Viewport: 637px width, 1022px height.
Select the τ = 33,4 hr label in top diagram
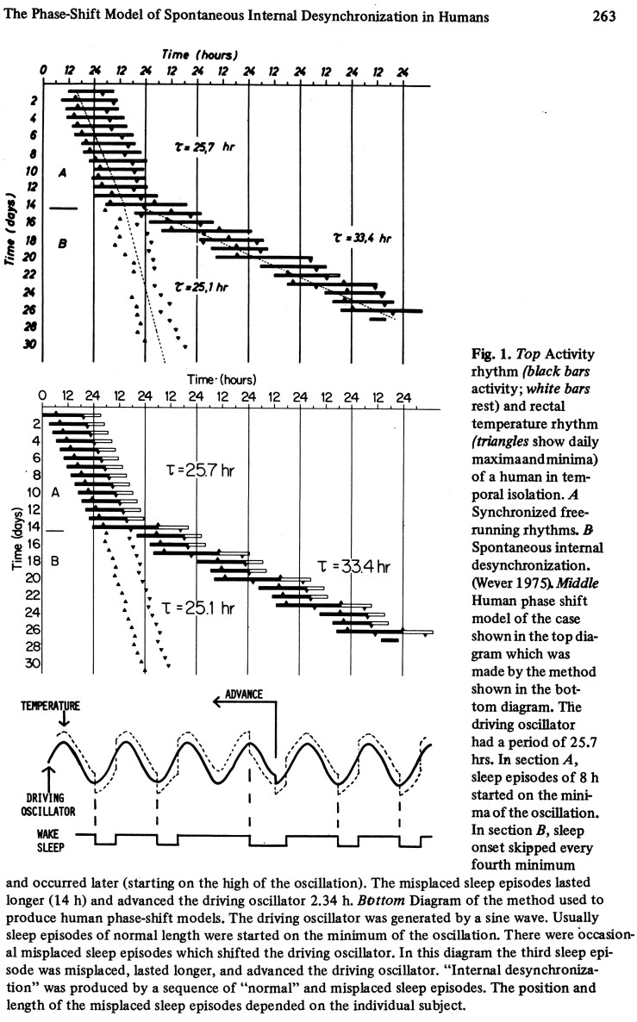[x=362, y=236]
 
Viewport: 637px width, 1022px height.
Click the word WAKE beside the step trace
[x=46, y=832]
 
